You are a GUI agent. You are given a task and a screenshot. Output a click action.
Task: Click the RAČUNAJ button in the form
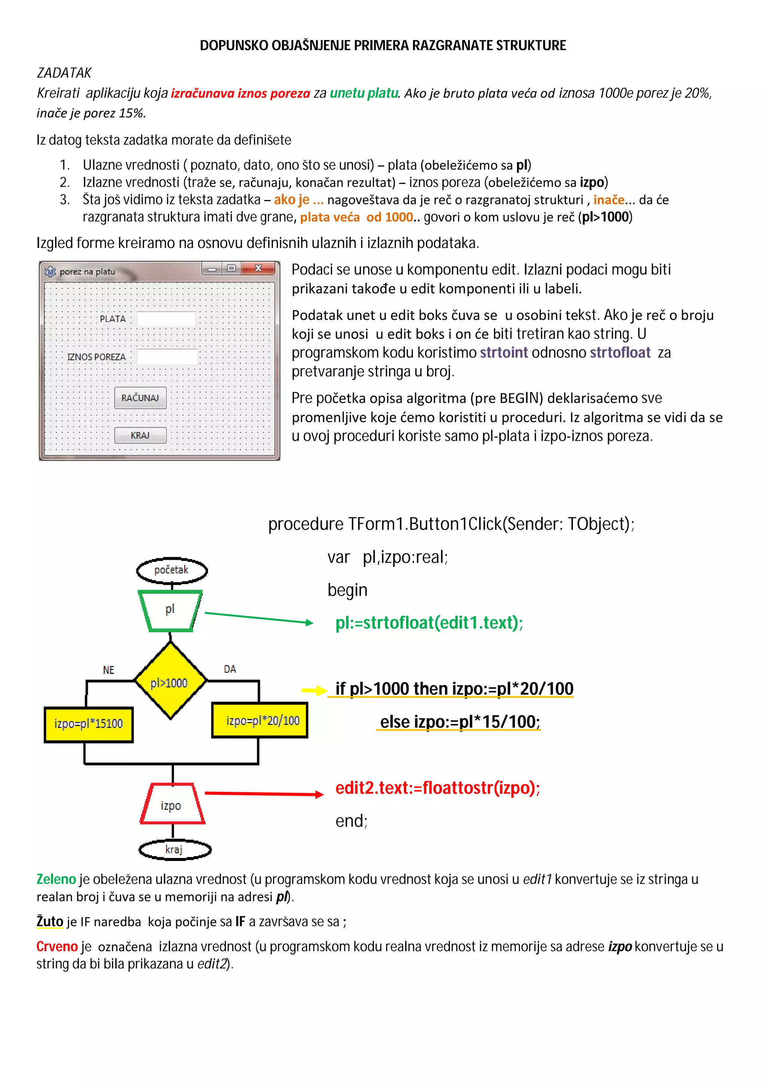(x=140, y=398)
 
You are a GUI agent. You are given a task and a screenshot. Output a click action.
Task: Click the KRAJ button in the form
(x=140, y=435)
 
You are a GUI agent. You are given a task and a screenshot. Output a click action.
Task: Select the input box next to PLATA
(x=166, y=319)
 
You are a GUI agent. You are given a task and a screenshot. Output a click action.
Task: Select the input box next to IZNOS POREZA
(x=167, y=357)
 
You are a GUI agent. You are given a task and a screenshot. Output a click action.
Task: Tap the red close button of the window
(x=258, y=268)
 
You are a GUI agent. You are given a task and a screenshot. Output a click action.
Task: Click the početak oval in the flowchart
(x=172, y=570)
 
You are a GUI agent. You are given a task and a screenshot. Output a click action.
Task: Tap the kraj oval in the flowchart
(x=175, y=849)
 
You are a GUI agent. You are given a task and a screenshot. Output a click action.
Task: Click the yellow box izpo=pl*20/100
(x=260, y=720)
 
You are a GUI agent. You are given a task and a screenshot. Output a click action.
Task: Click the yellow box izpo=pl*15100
(x=89, y=724)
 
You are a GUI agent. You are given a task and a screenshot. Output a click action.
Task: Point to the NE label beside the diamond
(x=108, y=670)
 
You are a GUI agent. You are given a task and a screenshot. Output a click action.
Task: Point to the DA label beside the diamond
(x=230, y=669)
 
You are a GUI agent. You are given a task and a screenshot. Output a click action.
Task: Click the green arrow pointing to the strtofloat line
(x=258, y=618)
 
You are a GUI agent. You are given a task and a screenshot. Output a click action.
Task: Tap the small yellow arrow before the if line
(x=314, y=691)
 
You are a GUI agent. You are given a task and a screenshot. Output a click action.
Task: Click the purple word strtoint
(x=503, y=352)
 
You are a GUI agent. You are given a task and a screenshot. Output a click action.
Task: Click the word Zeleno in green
(x=56, y=879)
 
